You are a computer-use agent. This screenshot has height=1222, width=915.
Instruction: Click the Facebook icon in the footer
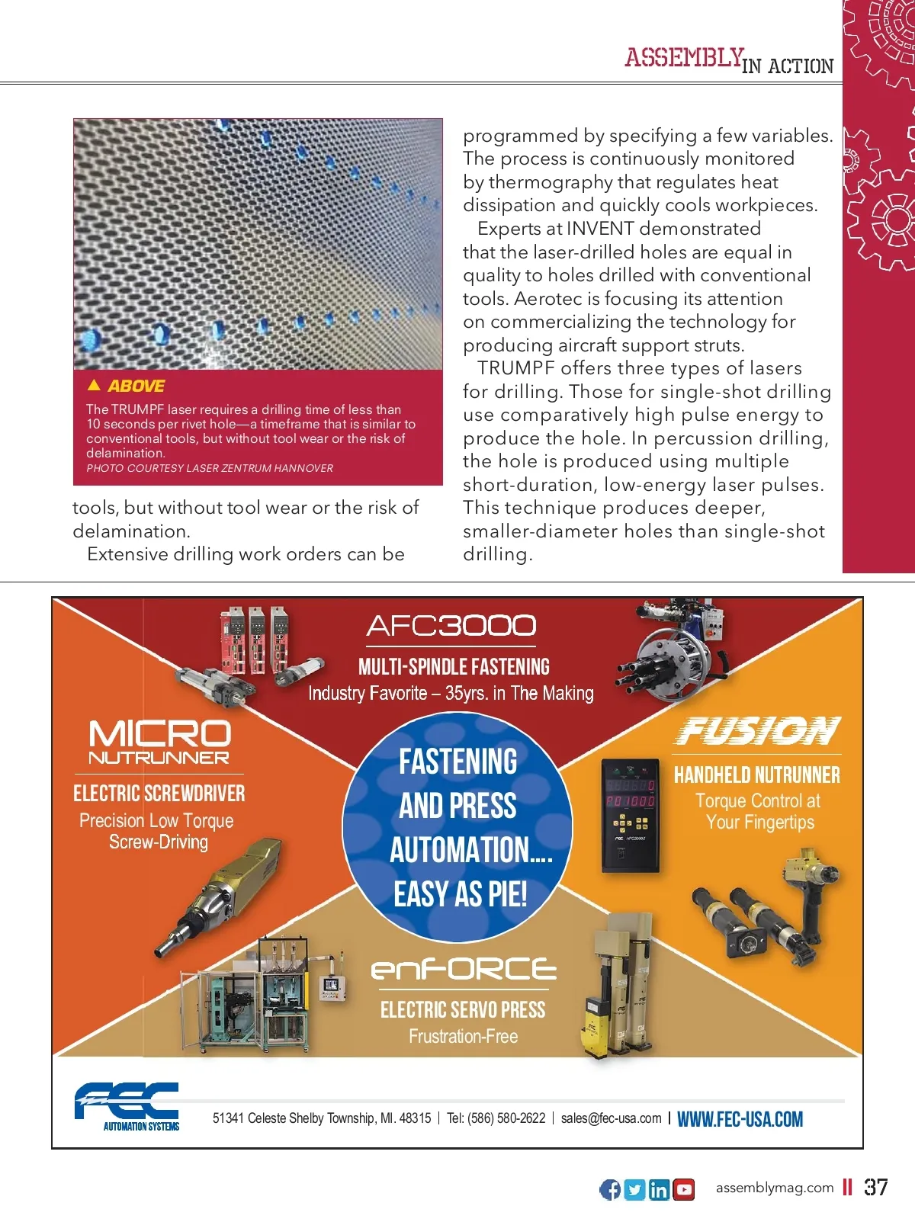610,1189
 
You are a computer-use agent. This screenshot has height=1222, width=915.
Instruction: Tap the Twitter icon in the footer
634,1189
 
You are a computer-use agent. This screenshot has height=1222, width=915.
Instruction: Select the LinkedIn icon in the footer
660,1189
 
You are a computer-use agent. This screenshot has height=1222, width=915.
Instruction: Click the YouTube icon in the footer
684,1189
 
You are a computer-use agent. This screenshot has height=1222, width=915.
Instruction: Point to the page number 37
876,1187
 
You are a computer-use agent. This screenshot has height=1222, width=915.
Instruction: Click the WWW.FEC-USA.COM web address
740,1119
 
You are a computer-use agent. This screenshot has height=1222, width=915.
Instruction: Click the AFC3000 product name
451,626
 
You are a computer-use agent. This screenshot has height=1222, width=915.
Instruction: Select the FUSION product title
758,731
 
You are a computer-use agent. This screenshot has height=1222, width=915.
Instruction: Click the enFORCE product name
464,969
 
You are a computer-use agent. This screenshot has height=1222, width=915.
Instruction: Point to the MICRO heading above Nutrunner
159,733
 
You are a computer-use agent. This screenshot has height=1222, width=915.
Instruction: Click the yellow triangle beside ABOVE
95,385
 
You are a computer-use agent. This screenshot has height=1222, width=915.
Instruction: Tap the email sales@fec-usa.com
611,1118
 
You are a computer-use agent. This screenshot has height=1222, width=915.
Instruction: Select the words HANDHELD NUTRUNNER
756,775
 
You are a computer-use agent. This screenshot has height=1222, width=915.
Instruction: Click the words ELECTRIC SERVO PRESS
463,1010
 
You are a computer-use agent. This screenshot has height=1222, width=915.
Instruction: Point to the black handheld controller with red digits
630,814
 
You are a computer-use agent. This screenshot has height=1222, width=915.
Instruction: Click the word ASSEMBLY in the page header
684,58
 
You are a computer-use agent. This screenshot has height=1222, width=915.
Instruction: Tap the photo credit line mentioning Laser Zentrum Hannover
210,468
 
